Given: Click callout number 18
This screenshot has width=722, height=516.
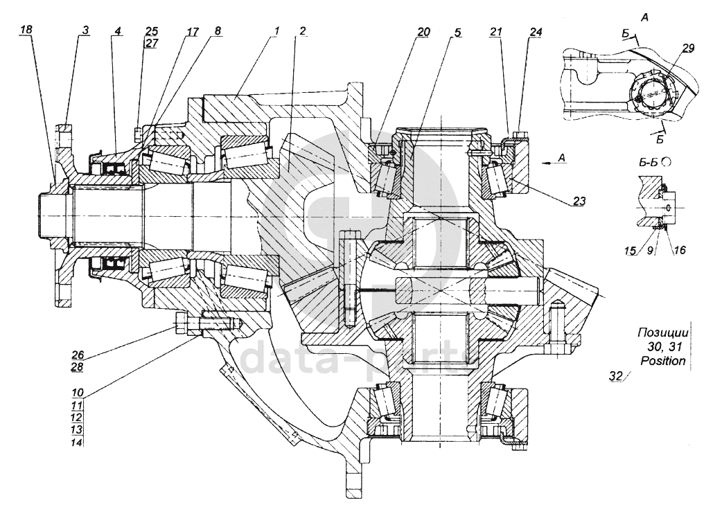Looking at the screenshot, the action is coord(27,30).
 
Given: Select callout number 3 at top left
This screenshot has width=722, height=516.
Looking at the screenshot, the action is coord(85,30).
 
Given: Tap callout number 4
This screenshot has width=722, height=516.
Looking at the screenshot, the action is coord(118,31).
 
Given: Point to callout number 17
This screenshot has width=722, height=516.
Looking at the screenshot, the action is coord(192,31).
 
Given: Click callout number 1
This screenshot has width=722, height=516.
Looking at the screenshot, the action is coord(276,31).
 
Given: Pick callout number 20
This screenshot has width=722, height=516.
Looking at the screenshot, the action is coord(423,32).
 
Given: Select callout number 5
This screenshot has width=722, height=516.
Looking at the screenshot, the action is coord(458,33).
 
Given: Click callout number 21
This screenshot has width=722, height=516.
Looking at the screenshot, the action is coord(495,32).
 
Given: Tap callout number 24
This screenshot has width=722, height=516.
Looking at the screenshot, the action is coord(536,32).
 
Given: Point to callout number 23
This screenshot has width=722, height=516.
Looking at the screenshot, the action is coord(579,201).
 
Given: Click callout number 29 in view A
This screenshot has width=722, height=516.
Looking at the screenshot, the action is coord(688,48).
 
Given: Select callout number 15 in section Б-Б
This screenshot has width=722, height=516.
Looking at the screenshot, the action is coord(631,251).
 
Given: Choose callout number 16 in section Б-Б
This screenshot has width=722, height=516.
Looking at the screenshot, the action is coord(680,250).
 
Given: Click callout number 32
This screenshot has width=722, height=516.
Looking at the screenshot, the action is coord(616,376).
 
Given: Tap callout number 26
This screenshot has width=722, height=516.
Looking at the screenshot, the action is coord(78,355).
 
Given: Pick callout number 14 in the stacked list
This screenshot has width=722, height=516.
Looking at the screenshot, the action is coord(77,443).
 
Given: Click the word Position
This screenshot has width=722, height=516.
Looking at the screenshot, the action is coord(663,360).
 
